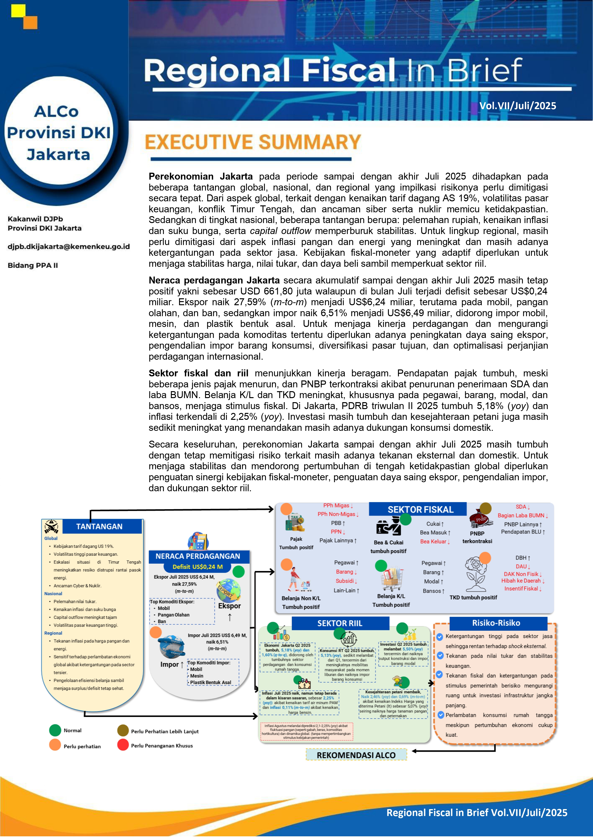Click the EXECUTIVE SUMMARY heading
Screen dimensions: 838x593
[253, 142]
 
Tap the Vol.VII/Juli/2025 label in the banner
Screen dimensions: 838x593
[517, 106]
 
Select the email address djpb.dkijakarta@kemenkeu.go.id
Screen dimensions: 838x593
[69, 247]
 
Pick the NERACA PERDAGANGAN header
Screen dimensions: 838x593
[198, 556]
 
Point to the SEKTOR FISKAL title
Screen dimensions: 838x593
[420, 510]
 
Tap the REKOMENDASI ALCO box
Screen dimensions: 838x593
[356, 755]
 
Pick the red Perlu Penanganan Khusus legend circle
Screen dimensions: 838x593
[123, 745]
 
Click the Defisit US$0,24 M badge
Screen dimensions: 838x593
[198, 567]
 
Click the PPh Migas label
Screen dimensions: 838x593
[336, 506]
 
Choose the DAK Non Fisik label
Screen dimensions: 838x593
[521, 574]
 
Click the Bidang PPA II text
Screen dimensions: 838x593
[33, 265]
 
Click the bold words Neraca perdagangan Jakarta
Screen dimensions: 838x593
[214, 280]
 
